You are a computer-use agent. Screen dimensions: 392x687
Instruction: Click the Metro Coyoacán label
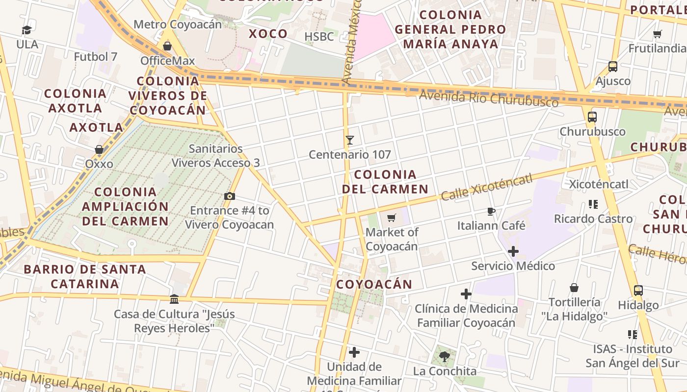(178, 24)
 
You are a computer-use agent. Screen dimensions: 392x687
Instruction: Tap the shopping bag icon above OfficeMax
(167, 46)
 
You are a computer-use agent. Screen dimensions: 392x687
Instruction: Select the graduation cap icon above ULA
(26, 30)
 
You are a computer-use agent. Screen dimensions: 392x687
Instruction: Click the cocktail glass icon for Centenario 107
(350, 140)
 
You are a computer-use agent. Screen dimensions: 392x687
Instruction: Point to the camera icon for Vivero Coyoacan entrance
(229, 196)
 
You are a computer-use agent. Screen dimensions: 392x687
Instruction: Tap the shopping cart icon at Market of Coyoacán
(392, 218)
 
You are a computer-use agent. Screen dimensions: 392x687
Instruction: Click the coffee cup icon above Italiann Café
(491, 211)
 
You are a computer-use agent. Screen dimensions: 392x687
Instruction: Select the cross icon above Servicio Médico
(513, 252)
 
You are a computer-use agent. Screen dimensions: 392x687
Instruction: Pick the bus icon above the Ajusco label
(613, 67)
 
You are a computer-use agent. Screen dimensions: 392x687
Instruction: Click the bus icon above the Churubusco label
(592, 117)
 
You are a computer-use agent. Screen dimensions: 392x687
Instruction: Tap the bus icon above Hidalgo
(638, 291)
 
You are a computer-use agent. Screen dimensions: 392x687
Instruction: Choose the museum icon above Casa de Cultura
(174, 299)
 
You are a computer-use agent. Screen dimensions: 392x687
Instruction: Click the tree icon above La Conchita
(445, 356)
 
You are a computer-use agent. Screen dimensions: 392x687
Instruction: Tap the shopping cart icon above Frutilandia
(658, 34)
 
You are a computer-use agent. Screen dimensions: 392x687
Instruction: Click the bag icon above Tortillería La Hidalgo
(574, 288)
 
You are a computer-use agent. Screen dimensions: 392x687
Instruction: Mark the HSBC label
(319, 37)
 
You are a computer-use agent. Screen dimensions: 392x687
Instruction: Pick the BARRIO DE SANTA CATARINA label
(85, 276)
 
